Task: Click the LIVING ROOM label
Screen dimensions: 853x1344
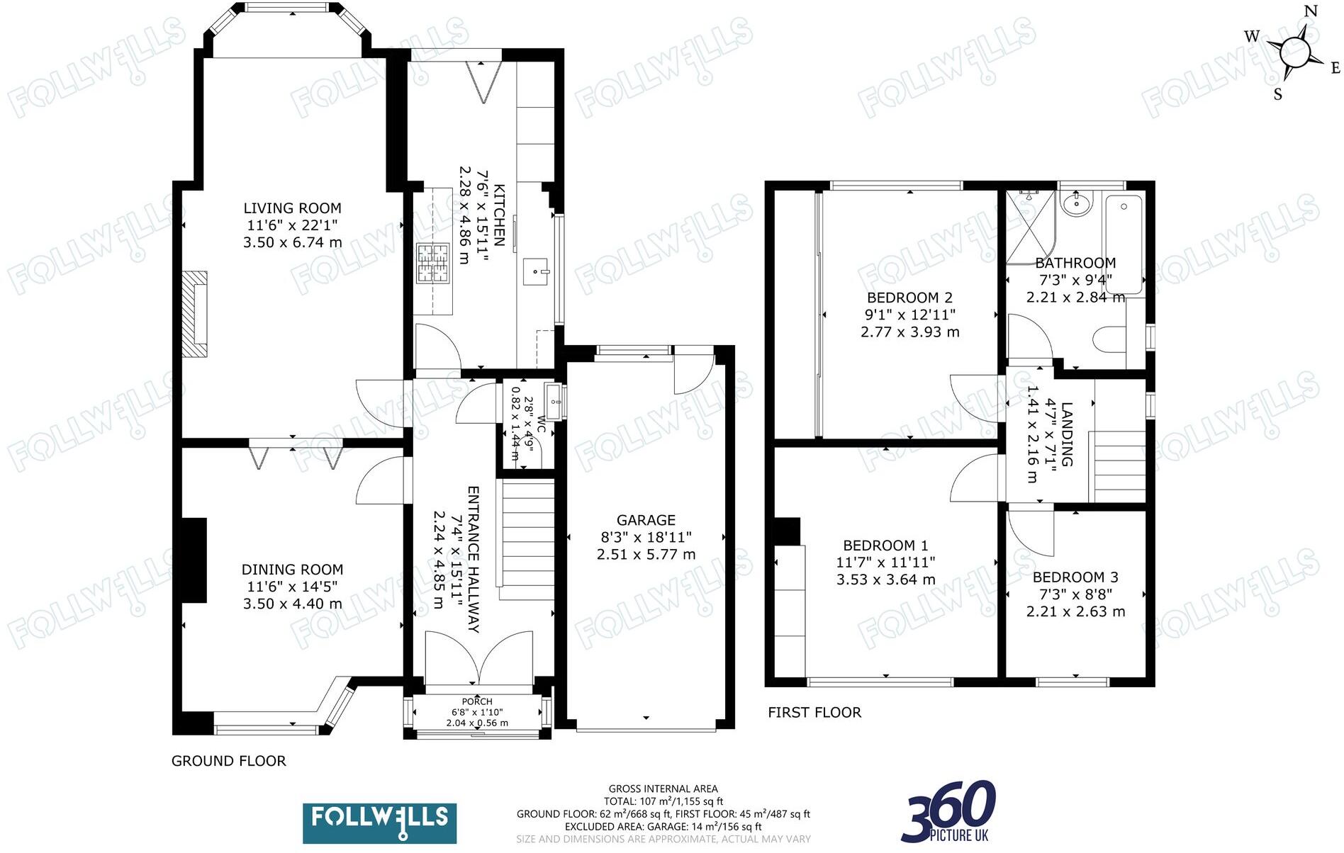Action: click(x=292, y=208)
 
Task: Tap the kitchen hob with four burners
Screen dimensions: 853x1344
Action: click(x=433, y=263)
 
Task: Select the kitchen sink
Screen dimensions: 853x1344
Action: click(x=535, y=272)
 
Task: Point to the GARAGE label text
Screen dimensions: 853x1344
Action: click(x=646, y=520)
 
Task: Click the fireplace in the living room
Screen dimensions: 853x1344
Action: click(x=194, y=314)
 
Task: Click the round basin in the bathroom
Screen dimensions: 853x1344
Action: click(x=1076, y=203)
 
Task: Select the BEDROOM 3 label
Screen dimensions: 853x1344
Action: click(x=1075, y=577)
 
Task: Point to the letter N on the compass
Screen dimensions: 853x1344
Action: click(x=1310, y=11)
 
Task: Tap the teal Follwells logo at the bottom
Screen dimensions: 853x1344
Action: click(x=379, y=823)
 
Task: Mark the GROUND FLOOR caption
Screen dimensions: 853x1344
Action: click(x=228, y=761)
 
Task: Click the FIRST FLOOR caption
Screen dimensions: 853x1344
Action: click(x=814, y=713)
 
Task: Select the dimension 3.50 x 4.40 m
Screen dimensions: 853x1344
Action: click(x=292, y=604)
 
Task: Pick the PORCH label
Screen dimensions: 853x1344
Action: click(x=476, y=701)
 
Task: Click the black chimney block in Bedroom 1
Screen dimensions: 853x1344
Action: click(x=787, y=531)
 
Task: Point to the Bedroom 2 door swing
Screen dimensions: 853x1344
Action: click(x=975, y=397)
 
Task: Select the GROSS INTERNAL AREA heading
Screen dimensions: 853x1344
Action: click(x=663, y=789)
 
